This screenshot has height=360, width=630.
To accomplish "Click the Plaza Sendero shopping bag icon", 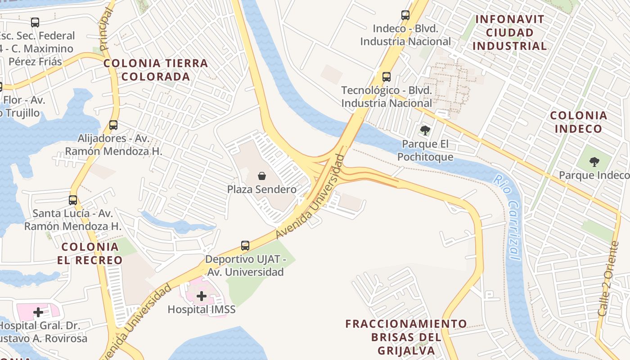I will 262,176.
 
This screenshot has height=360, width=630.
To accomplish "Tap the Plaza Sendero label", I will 261,189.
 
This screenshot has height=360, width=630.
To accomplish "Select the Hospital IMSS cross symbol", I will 202,296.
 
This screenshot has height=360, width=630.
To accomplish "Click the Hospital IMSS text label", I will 202,310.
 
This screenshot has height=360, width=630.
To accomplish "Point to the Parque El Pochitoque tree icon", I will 424,131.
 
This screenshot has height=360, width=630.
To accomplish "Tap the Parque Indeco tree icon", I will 594,162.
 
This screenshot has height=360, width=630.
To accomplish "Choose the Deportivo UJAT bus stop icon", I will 245,246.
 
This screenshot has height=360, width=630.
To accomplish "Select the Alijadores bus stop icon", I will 113,125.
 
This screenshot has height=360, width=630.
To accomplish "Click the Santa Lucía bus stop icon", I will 73,200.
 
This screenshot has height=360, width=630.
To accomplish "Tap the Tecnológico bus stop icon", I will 386,77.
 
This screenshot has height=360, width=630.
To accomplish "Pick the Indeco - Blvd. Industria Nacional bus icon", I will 405,15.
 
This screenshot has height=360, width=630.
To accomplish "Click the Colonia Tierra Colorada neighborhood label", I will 156,70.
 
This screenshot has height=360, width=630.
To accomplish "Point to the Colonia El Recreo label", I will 90,253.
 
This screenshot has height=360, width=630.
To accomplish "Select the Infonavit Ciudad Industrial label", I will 509,32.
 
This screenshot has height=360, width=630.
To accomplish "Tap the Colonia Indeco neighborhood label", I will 578,122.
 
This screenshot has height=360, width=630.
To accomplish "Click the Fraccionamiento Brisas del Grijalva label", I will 406,337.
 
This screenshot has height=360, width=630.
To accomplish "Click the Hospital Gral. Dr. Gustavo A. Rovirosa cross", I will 39,312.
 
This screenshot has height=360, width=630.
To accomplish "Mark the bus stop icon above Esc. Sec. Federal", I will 35,22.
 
